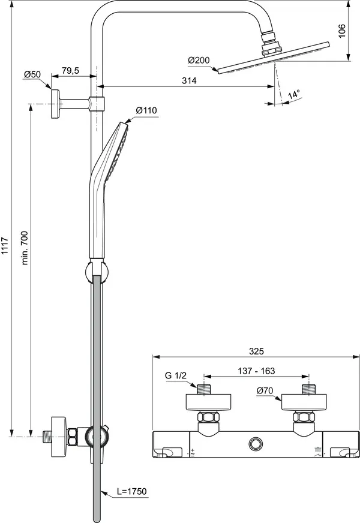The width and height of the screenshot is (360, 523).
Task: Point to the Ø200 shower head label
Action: tap(199, 61)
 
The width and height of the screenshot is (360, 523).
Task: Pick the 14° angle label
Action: tap(293, 95)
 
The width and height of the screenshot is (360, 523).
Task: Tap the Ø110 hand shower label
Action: tap(146, 110)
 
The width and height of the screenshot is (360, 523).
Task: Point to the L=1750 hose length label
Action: tap(132, 491)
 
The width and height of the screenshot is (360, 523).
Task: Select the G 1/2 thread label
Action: tap(176, 375)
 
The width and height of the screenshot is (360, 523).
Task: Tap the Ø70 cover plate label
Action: tap(265, 391)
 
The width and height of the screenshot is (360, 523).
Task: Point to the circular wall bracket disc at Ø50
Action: tap(55, 104)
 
